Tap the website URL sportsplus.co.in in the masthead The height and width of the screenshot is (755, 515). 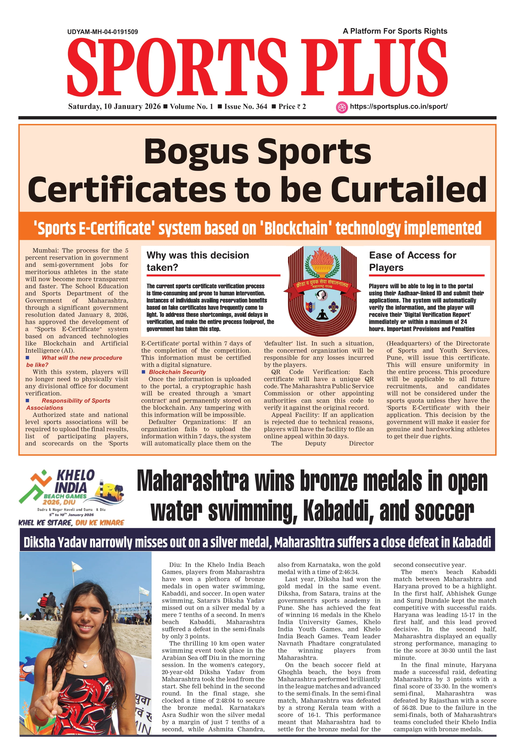[x=398, y=107]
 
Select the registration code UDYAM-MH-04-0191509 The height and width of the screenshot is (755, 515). [x=103, y=32]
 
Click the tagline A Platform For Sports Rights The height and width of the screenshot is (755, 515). [x=395, y=31]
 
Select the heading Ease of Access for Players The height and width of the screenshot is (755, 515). [x=412, y=261]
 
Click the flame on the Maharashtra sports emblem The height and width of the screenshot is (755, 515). [x=322, y=259]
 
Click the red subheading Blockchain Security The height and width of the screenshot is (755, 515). [x=177, y=372]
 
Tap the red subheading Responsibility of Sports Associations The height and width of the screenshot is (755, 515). [x=68, y=404]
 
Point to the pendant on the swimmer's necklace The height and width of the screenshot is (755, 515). [x=85, y=665]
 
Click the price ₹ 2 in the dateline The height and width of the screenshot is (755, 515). [x=292, y=107]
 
